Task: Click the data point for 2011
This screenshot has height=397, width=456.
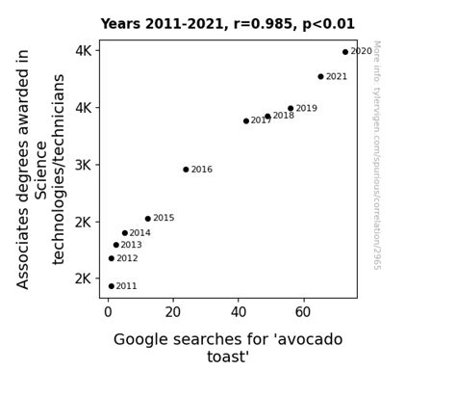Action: (x=112, y=286)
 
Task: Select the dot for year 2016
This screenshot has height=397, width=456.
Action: (x=187, y=170)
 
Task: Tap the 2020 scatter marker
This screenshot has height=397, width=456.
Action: (x=345, y=52)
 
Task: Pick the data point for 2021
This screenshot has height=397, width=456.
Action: (x=321, y=77)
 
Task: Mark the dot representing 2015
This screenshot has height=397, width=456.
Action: (x=148, y=219)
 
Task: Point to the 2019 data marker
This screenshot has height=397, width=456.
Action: (x=291, y=109)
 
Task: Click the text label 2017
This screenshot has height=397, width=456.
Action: (x=262, y=121)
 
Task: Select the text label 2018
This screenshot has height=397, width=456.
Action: (x=283, y=116)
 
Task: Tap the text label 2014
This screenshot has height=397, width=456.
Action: (x=139, y=233)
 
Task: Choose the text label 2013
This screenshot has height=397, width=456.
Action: (x=131, y=246)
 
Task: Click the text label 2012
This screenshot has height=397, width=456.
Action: (x=127, y=259)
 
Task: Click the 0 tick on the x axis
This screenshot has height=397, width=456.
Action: (x=108, y=312)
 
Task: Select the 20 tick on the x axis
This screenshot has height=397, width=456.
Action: (x=172, y=312)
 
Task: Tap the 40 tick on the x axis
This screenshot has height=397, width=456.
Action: (x=238, y=312)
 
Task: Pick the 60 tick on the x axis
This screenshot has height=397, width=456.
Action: (x=303, y=312)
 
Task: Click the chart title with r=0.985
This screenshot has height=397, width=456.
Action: (x=241, y=24)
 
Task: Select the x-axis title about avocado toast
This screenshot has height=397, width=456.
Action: (x=228, y=348)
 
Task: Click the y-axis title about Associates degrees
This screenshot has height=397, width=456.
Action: (x=41, y=169)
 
